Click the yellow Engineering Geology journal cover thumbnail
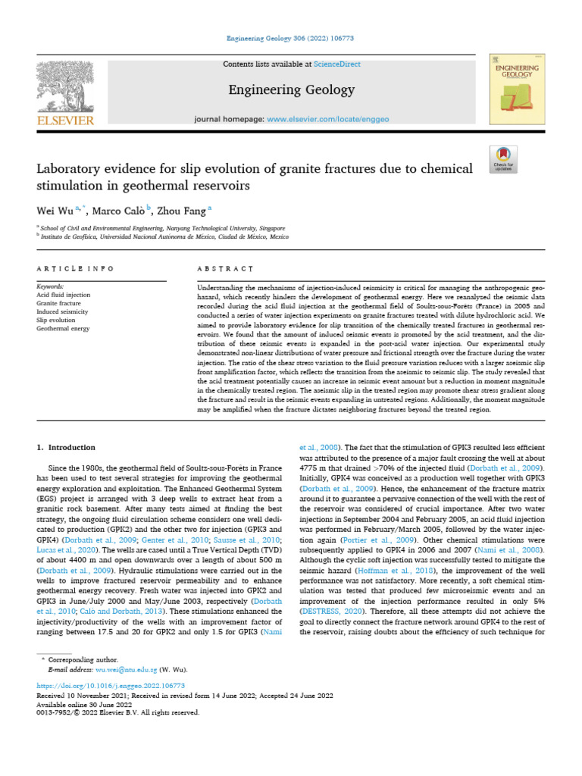click(x=518, y=89)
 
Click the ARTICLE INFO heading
click(x=76, y=268)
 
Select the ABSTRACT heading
click(x=224, y=268)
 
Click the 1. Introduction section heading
click(x=67, y=447)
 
